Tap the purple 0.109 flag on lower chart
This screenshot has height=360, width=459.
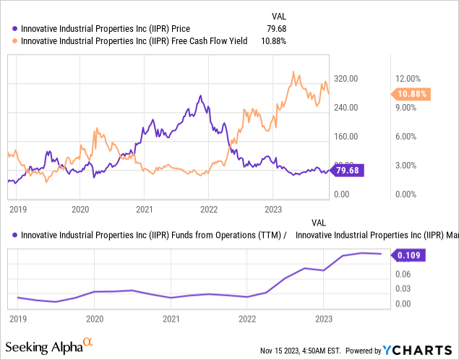[408, 254]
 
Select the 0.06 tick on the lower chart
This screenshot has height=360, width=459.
[402, 273]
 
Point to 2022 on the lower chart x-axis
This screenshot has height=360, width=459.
[247, 318]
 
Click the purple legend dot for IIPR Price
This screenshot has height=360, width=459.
[16, 28]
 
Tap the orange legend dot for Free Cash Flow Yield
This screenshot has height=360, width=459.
[16, 41]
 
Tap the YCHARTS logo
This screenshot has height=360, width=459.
[424, 350]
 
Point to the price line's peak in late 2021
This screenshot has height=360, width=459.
[200, 95]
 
